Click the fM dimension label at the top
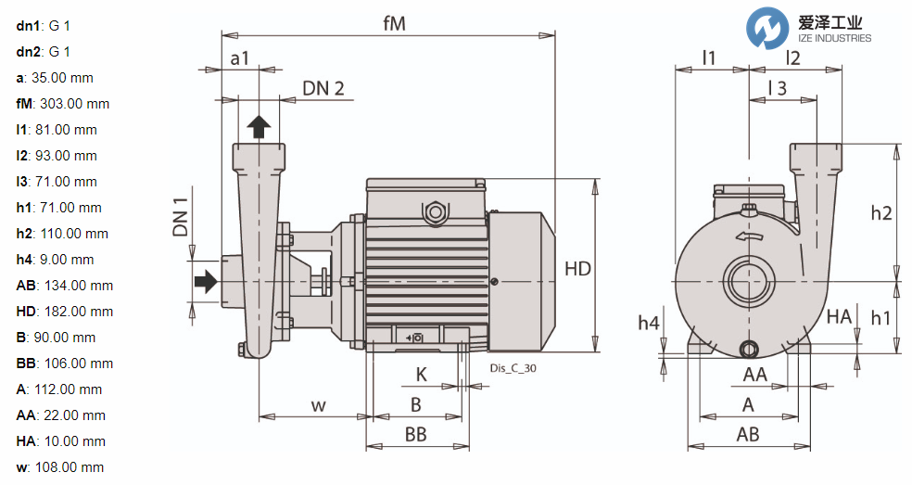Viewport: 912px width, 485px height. pyautogui.click(x=395, y=24)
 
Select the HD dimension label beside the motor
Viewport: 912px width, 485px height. pyautogui.click(x=577, y=269)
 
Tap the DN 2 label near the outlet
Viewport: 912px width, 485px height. pyautogui.click(x=323, y=88)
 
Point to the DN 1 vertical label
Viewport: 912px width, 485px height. pyautogui.click(x=181, y=216)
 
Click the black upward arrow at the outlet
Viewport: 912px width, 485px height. pyautogui.click(x=260, y=127)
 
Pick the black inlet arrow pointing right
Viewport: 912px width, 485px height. pyautogui.click(x=205, y=280)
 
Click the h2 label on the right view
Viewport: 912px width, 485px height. pyautogui.click(x=880, y=212)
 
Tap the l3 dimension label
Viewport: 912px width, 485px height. pyautogui.click(x=778, y=87)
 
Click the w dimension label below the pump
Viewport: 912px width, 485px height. pyautogui.click(x=319, y=405)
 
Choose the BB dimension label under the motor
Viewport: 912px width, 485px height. pyautogui.click(x=415, y=434)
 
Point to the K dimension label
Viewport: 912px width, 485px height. pyautogui.click(x=421, y=376)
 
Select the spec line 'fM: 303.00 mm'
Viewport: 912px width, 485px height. pyautogui.click(x=63, y=104)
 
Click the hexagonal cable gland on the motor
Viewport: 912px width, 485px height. pyautogui.click(x=433, y=212)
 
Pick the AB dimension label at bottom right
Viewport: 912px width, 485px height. pyautogui.click(x=747, y=434)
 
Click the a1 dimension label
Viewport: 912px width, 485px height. pyautogui.click(x=239, y=58)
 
